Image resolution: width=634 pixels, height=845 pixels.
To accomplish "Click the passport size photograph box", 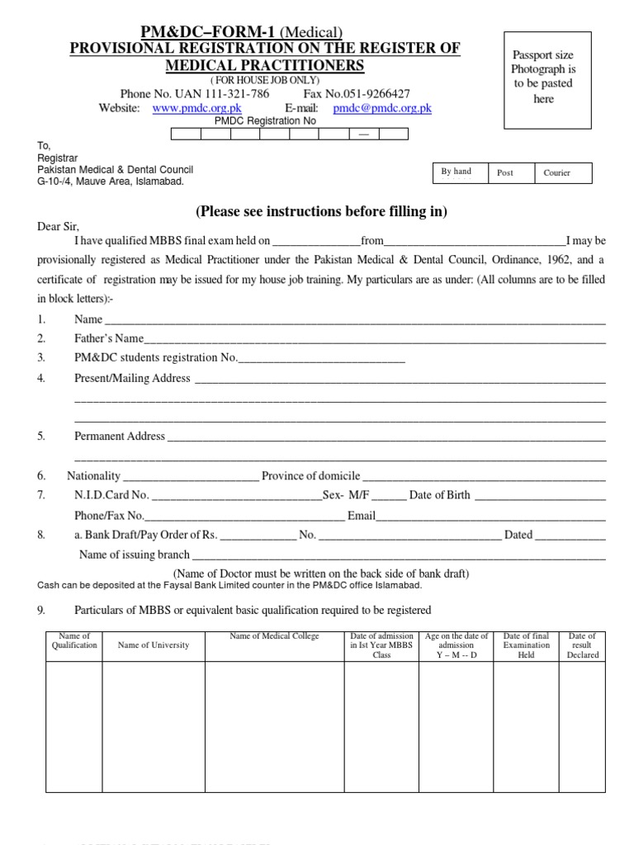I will point(543,80).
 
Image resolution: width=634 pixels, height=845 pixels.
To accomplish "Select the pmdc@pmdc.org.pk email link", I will point(382,108).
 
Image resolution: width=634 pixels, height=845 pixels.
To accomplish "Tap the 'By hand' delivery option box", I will point(460,172).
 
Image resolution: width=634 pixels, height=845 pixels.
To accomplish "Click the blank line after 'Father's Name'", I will point(375,339).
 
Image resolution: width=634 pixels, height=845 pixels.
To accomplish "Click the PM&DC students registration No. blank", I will point(321,358).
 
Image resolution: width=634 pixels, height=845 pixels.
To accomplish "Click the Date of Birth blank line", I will point(539,496).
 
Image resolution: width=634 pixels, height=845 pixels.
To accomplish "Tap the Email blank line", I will point(491,517).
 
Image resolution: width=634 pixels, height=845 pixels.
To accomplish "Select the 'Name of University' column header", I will point(154,645).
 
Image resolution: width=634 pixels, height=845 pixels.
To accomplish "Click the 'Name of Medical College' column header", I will point(274,636).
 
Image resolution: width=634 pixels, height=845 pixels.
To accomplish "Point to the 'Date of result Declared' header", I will point(582,645).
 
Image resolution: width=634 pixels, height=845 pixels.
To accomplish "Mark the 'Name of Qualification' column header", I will point(74,640).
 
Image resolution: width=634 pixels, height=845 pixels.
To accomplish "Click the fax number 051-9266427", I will point(357,94).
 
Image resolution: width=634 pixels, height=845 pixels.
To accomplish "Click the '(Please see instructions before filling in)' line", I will point(321,212).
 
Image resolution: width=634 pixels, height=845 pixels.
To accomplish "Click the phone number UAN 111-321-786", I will point(195,94).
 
